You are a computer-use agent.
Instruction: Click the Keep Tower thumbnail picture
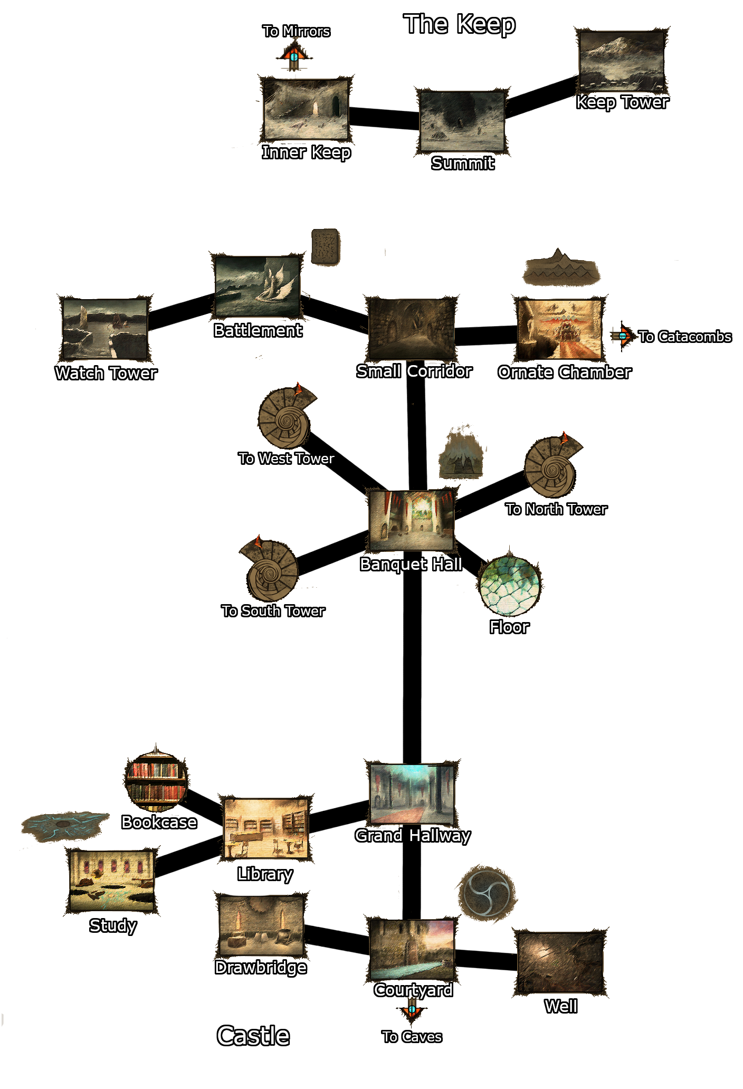622,61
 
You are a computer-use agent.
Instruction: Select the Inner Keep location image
306,110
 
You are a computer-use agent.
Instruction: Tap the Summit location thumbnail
462,121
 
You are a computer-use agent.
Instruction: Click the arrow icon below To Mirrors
294,55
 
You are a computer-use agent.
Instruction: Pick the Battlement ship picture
258,286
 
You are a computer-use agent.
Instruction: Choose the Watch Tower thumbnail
105,329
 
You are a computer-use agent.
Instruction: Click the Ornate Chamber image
559,329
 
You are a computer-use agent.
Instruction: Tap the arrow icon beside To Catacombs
623,336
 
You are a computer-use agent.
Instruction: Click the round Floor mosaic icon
509,586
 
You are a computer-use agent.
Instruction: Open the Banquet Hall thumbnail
412,520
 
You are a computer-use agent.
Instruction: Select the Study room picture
112,880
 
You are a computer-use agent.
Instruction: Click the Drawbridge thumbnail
261,926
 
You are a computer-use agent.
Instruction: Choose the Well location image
560,962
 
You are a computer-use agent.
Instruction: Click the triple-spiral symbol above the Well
487,893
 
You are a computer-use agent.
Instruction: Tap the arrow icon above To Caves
412,1010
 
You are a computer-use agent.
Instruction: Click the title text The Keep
459,24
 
